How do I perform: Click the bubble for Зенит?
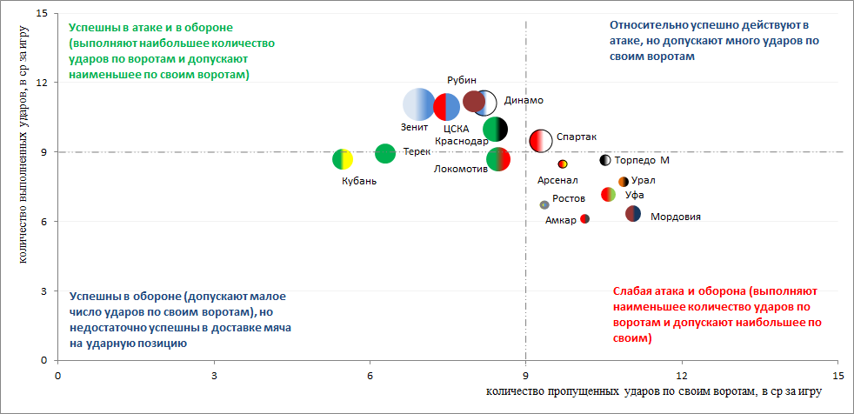click(x=425, y=105)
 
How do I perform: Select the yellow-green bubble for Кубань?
click(x=343, y=159)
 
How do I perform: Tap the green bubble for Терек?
click(x=385, y=153)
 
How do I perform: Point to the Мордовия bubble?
click(x=633, y=214)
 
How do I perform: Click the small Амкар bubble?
click(x=584, y=218)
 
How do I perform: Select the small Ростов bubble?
click(x=544, y=205)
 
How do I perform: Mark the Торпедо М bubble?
click(x=605, y=160)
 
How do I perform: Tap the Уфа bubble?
click(x=609, y=194)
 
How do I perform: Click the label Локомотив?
click(x=460, y=169)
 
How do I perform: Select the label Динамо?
click(x=524, y=100)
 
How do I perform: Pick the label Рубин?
click(x=462, y=79)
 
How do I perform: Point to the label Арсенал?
click(x=557, y=181)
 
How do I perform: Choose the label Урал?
click(x=644, y=181)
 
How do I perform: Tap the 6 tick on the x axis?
click(x=370, y=375)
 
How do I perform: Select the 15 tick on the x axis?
click(x=838, y=375)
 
